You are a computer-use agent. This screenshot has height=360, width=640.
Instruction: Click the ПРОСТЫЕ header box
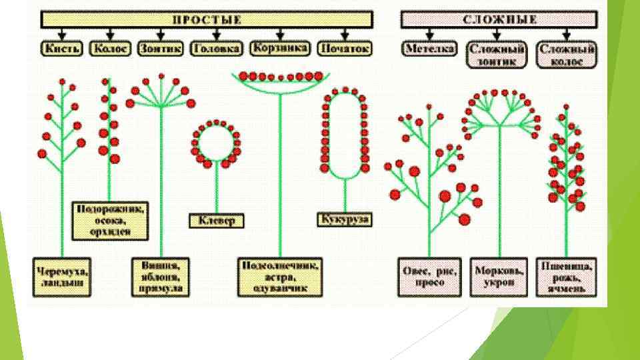(207, 19)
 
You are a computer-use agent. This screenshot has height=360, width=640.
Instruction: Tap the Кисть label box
(61, 49)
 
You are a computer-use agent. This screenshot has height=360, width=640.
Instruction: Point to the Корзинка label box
(280, 48)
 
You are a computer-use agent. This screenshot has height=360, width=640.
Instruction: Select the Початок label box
(344, 49)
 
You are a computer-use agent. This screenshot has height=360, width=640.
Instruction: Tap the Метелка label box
(430, 49)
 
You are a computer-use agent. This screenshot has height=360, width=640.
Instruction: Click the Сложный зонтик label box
(497, 54)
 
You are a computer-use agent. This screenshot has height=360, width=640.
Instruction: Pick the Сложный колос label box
(567, 54)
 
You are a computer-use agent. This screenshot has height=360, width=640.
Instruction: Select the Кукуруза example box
(344, 219)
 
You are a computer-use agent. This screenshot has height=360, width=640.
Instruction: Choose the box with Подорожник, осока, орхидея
(111, 219)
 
